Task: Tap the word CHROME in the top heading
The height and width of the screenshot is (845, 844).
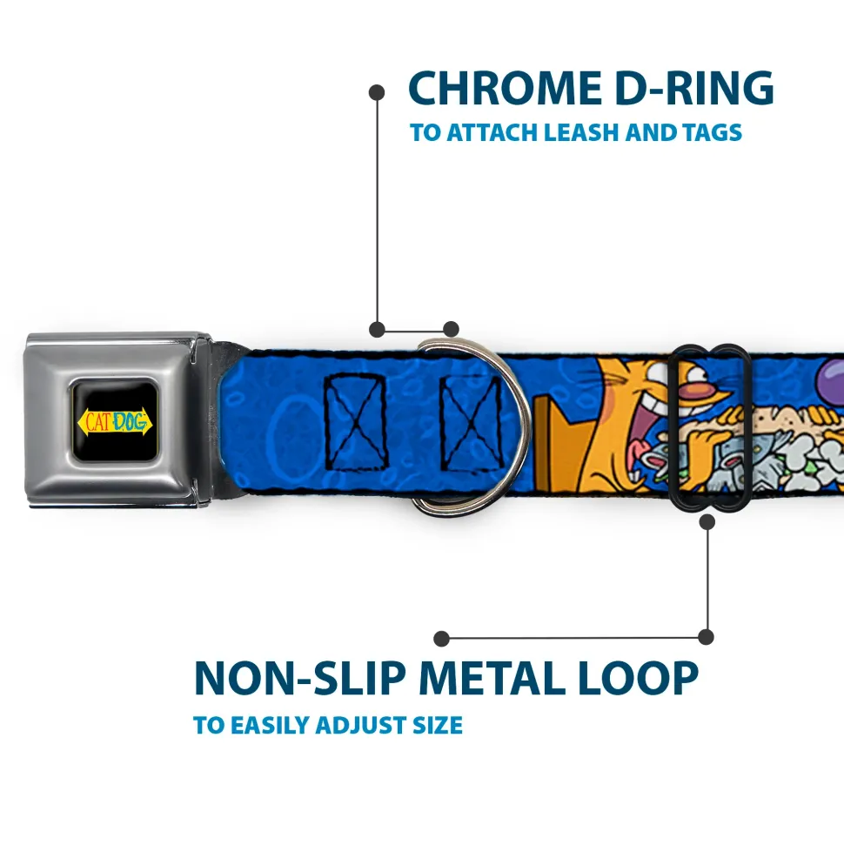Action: tap(499, 89)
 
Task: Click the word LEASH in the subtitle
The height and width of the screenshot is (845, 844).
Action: tap(585, 133)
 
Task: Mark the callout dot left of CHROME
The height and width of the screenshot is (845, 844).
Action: tap(377, 91)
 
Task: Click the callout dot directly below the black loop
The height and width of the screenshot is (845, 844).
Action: tap(707, 522)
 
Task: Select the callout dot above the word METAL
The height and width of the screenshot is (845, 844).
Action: tap(442, 639)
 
